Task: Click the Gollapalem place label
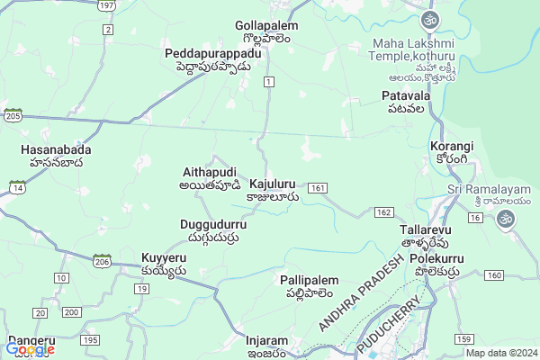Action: [265, 31]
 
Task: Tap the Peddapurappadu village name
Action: [213, 60]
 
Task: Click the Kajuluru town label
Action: [274, 188]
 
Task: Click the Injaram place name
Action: [267, 346]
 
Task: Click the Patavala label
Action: [402, 101]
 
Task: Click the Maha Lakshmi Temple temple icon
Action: [432, 19]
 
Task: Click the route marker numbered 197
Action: [106, 5]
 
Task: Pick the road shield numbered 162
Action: [384, 211]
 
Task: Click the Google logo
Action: [30, 349]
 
